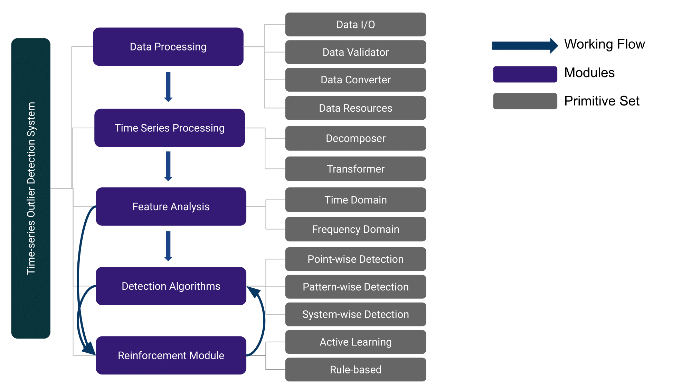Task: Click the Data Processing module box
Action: click(168, 47)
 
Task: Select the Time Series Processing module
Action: click(170, 128)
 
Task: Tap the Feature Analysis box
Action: click(171, 206)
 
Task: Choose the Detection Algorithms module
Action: click(171, 286)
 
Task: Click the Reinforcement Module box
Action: click(171, 355)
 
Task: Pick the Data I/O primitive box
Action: click(356, 25)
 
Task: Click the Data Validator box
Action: click(356, 52)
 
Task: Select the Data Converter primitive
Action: click(356, 80)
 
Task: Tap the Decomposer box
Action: click(356, 138)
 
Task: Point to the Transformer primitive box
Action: click(356, 169)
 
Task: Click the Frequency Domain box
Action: click(356, 229)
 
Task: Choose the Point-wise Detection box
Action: click(356, 259)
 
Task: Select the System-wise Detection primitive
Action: click(356, 314)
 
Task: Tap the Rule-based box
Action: click(356, 370)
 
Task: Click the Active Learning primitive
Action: click(356, 342)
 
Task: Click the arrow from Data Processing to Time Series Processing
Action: click(168, 87)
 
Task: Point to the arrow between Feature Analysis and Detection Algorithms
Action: click(168, 246)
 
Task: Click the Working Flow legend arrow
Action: click(525, 46)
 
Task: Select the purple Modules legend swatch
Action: click(525, 74)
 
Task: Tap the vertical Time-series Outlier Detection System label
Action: click(31, 188)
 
